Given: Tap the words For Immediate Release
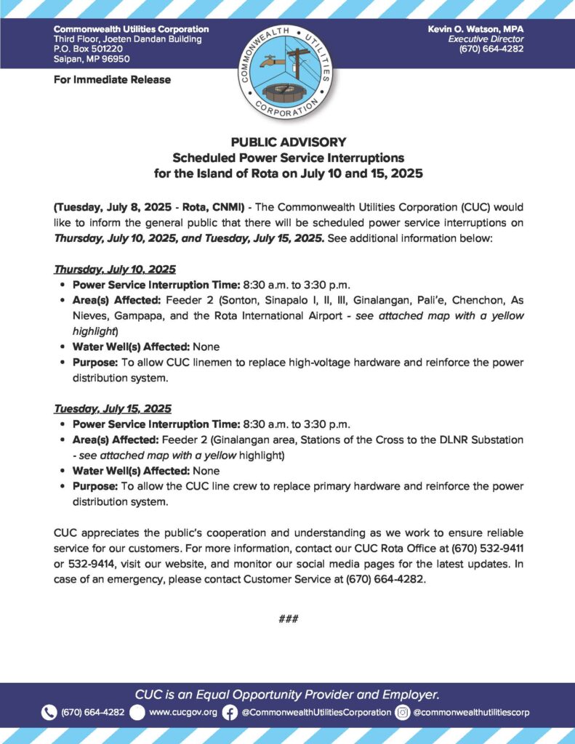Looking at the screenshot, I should click(112, 79).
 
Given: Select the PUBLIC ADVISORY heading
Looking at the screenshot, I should click(288, 142).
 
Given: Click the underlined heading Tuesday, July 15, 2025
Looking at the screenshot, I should click(113, 408).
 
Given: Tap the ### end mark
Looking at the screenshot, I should click(288, 619).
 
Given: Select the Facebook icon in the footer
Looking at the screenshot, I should click(230, 712).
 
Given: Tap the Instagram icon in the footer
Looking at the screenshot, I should click(402, 712).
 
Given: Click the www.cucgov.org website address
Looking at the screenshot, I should click(183, 712).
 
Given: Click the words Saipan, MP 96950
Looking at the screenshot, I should click(92, 59).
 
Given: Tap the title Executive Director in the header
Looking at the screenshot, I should click(485, 39).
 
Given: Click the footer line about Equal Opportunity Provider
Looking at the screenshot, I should click(287, 693).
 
